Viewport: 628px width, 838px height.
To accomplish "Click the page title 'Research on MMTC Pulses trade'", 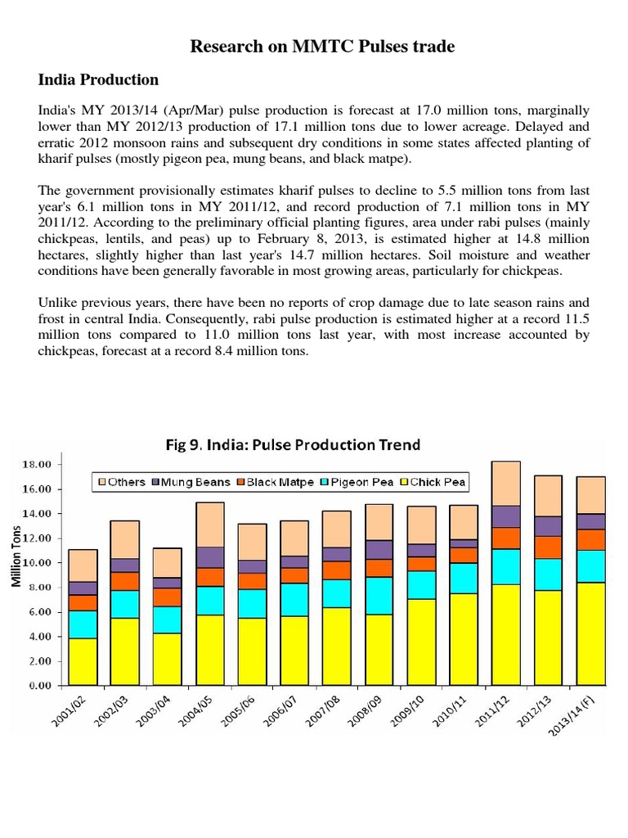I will [x=322, y=47].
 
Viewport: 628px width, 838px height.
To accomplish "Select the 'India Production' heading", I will [x=99, y=80].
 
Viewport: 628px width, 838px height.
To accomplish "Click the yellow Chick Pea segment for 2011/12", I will [x=506, y=634].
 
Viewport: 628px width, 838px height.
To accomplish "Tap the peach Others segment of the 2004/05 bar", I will [x=210, y=525].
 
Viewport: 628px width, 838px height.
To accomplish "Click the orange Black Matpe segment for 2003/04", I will [x=168, y=597].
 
